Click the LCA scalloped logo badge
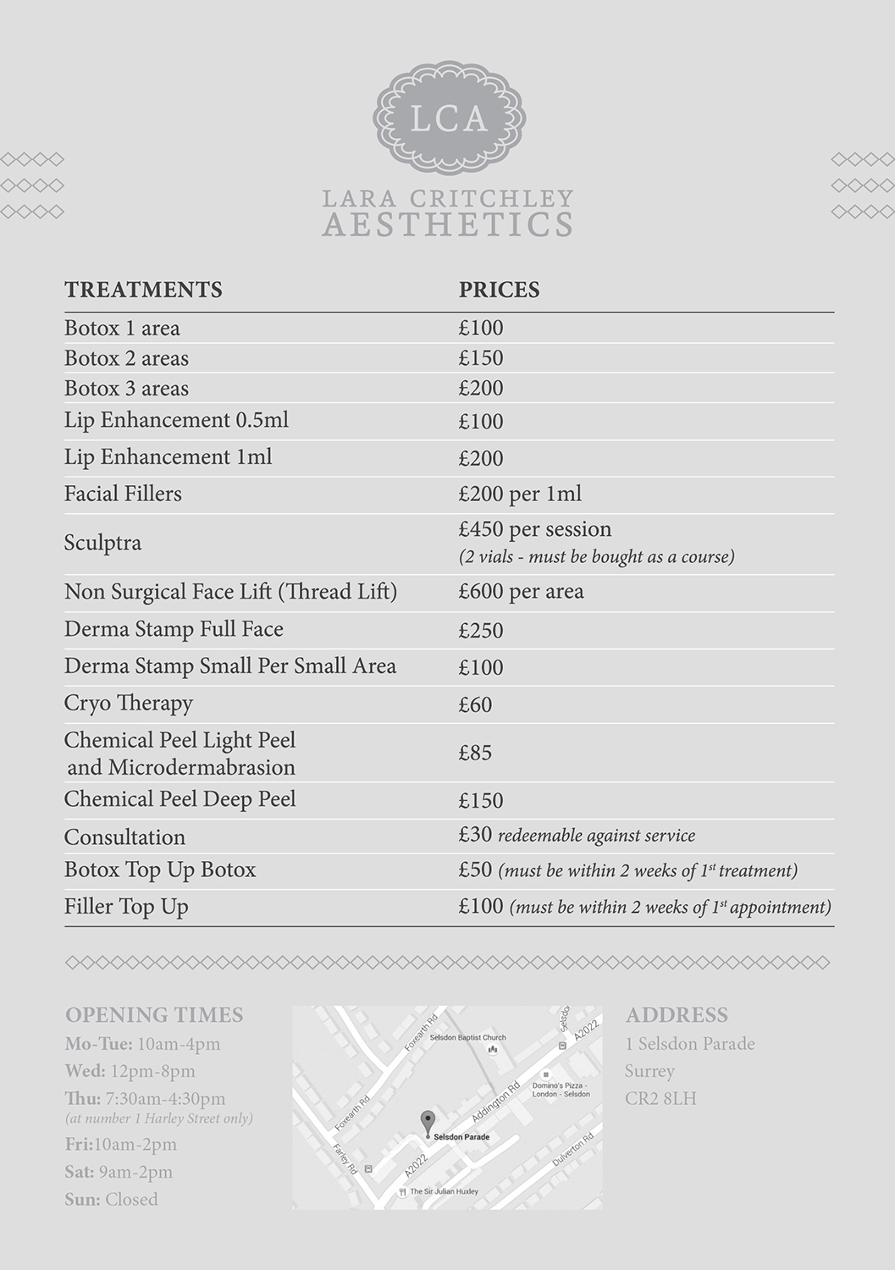[x=449, y=118]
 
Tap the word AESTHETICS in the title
[x=448, y=225]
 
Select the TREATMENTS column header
[x=143, y=290]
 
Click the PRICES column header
[x=499, y=290]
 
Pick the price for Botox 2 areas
[x=481, y=358]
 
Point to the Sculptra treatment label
[x=102, y=543]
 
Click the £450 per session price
[x=534, y=529]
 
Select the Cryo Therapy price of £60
[x=475, y=704]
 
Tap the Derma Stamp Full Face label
[x=174, y=629]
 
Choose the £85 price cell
[x=475, y=753]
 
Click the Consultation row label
[x=124, y=837]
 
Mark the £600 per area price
[x=521, y=591]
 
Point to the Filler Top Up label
[x=126, y=907]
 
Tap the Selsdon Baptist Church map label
[x=467, y=1037]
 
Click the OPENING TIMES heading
[x=154, y=1015]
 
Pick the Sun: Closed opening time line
[x=111, y=1200]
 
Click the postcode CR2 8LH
[x=660, y=1099]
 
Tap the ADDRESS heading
[x=677, y=1015]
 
